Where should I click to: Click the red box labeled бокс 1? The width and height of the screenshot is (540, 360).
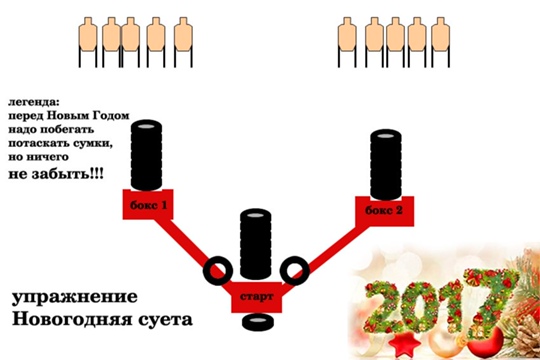[148, 205]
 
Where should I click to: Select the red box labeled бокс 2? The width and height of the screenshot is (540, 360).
[385, 211]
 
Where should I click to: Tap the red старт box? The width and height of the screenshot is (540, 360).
[257, 297]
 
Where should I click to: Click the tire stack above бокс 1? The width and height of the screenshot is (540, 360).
[146, 155]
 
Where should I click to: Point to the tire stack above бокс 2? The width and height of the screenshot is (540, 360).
[386, 165]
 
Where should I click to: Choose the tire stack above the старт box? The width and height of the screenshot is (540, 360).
[256, 244]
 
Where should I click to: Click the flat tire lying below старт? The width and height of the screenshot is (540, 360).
[258, 322]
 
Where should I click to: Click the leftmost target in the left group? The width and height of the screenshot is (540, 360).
[88, 42]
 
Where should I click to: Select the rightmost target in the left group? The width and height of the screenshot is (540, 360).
[183, 42]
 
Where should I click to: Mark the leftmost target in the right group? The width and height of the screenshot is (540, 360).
[347, 42]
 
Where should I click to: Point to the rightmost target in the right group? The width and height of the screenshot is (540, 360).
[440, 42]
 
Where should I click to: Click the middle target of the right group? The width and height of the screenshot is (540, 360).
[395, 42]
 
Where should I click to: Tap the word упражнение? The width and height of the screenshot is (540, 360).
[75, 297]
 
